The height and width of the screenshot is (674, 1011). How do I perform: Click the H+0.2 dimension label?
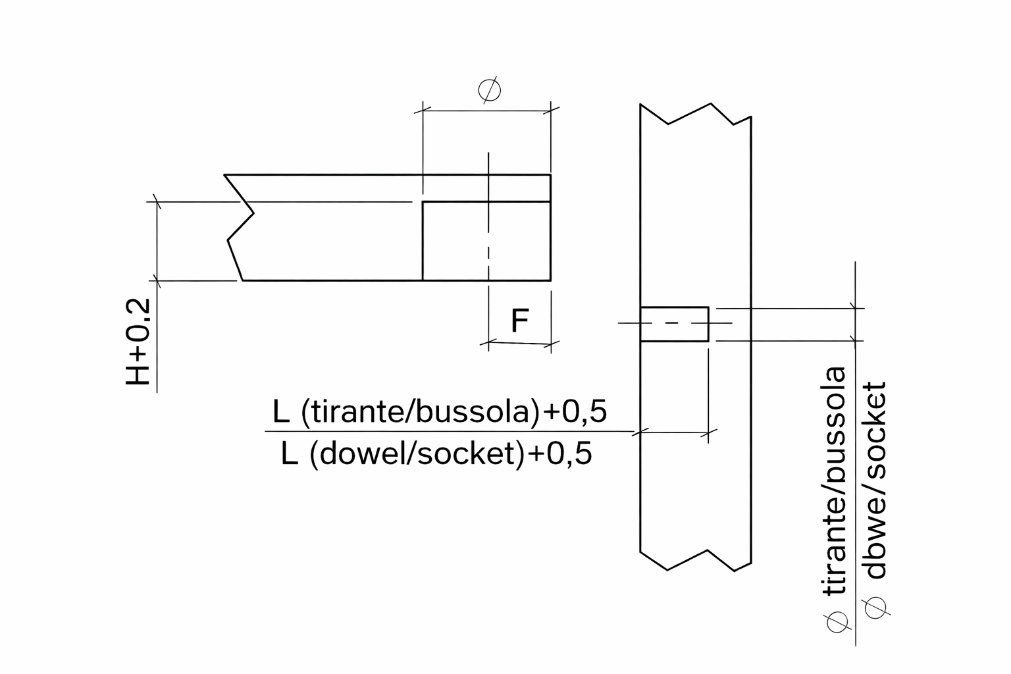(x=138, y=342)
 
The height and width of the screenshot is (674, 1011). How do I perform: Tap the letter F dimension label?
(x=519, y=321)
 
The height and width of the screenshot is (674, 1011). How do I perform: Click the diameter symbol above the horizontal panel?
(x=490, y=90)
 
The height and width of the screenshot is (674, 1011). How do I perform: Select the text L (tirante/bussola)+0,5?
(x=440, y=412)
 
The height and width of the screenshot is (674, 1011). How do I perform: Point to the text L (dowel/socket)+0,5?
(x=436, y=454)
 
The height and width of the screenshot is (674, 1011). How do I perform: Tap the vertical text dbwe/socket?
(x=875, y=480)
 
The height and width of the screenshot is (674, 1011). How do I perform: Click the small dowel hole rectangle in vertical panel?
(x=674, y=324)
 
